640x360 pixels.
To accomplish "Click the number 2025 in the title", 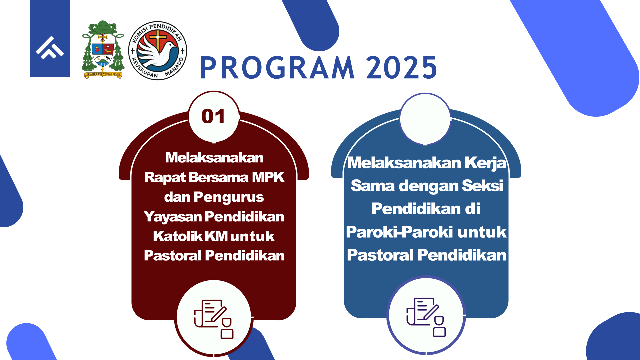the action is pyautogui.click(x=402, y=68).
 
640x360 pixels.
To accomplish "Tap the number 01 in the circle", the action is pyautogui.click(x=213, y=116).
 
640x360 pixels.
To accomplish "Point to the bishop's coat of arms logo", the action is pyautogui.click(x=103, y=50).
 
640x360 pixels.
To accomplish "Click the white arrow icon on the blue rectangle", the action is pyautogui.click(x=50, y=48).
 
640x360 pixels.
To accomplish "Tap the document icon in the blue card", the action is pyautogui.click(x=426, y=317).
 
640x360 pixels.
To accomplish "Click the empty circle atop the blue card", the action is pyautogui.click(x=425, y=119).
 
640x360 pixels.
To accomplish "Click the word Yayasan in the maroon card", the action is pyautogui.click(x=173, y=217).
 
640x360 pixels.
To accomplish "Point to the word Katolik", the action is pyautogui.click(x=178, y=236).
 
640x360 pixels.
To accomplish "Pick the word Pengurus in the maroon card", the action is pyautogui.click(x=229, y=197).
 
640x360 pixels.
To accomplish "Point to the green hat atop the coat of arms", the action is pyautogui.click(x=103, y=27).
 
